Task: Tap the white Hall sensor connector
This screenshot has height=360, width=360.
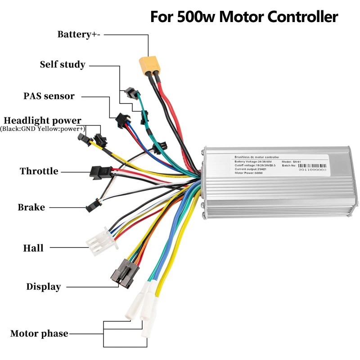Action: (x=101, y=239)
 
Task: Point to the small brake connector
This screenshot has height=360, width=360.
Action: (x=91, y=205)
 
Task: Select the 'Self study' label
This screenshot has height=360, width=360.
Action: (x=63, y=64)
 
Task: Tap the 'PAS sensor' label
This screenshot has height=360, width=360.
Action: (x=49, y=96)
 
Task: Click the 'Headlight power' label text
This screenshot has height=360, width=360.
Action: (x=42, y=121)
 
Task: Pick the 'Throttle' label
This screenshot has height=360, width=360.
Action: (x=39, y=171)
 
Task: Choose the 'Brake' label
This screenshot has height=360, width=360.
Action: (x=31, y=207)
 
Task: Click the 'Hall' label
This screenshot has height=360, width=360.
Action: (x=33, y=248)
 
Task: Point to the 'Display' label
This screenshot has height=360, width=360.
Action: (x=43, y=287)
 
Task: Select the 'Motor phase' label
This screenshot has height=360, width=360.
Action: (x=39, y=334)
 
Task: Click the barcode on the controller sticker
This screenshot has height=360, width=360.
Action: (x=315, y=161)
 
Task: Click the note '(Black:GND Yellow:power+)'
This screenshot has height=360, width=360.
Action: (x=42, y=129)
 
